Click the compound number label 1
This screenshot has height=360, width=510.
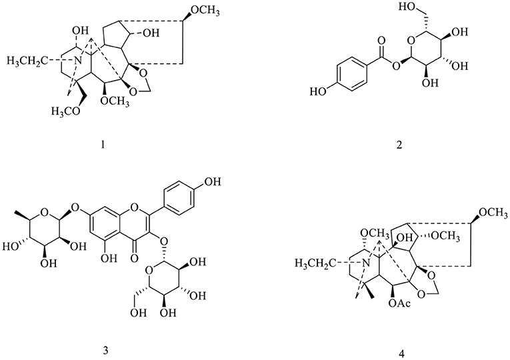pyautogui.click(x=103, y=144)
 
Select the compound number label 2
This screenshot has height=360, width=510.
pyautogui.click(x=399, y=144)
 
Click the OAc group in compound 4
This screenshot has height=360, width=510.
pyautogui.click(x=399, y=303)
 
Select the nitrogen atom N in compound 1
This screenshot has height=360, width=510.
pyautogui.click(x=77, y=61)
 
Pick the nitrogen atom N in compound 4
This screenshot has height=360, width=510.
pyautogui.click(x=366, y=263)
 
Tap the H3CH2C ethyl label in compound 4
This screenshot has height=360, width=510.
pyautogui.click(x=315, y=263)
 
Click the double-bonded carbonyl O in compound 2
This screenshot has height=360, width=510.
pyautogui.click(x=381, y=41)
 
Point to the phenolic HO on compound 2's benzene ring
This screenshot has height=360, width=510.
pyautogui.click(x=317, y=91)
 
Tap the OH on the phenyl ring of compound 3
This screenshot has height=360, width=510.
pyautogui.click(x=213, y=181)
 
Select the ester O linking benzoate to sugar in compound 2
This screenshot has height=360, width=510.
pyautogui.click(x=395, y=66)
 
